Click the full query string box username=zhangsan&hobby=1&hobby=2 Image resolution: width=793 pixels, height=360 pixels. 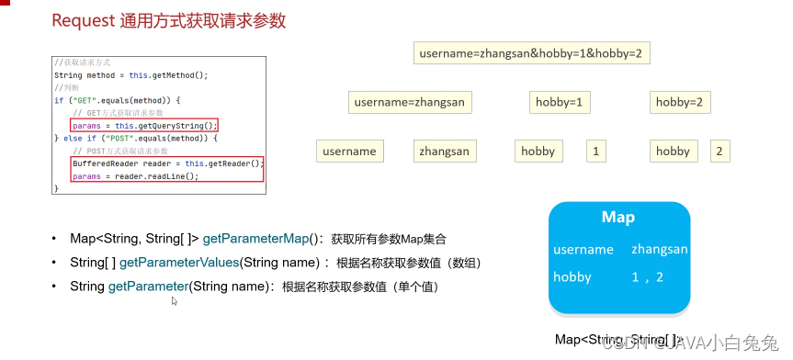[x=533, y=54]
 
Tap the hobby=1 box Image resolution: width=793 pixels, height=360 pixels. [x=559, y=103]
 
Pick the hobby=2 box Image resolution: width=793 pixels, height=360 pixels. [x=678, y=103]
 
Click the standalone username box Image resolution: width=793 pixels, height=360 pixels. [x=350, y=151]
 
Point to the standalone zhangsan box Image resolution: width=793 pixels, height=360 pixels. [x=444, y=151]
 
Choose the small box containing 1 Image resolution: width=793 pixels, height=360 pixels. [x=597, y=151]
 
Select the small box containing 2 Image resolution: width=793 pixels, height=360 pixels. [x=719, y=151]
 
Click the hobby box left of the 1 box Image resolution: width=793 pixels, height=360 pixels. [x=538, y=151]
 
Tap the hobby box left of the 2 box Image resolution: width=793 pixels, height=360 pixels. [x=673, y=151]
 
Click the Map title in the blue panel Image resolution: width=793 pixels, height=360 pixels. [x=617, y=218]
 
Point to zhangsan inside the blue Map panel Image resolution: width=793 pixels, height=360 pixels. [x=660, y=249]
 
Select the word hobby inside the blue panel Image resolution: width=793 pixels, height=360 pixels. [x=572, y=276]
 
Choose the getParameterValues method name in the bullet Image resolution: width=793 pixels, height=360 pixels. [x=179, y=263]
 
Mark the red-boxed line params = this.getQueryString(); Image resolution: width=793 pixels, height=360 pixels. [x=145, y=125]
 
